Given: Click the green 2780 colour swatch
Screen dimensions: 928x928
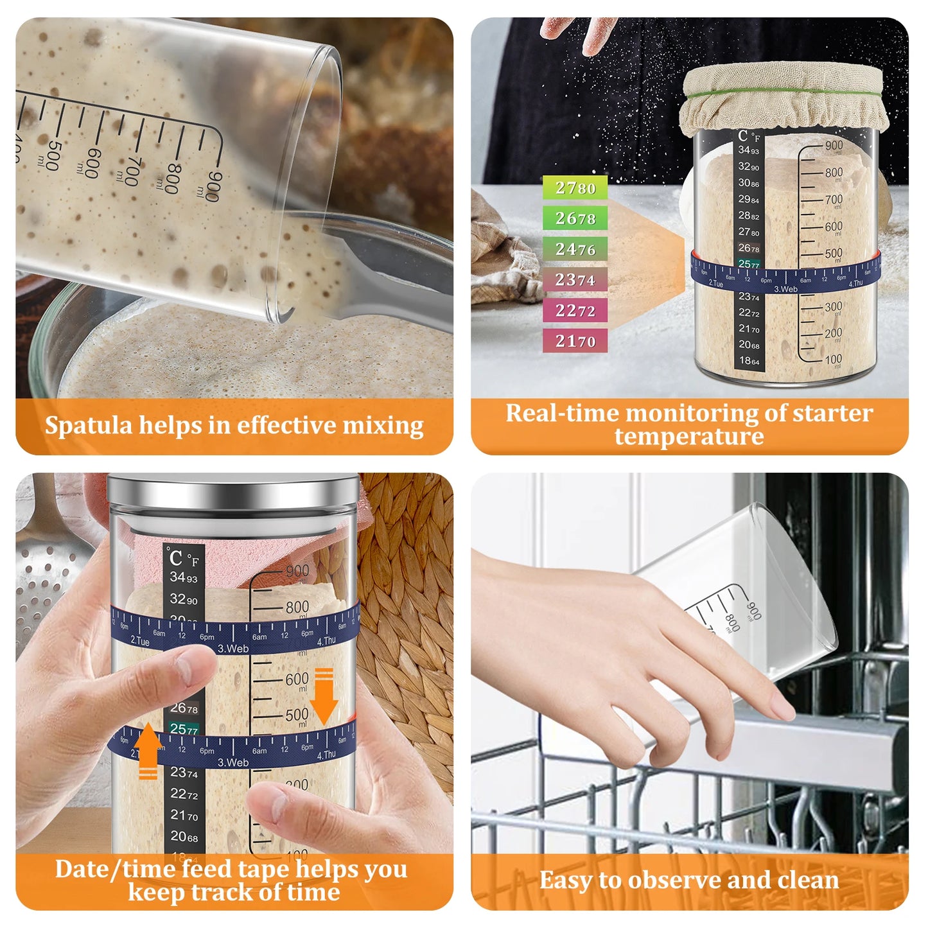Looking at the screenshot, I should coord(575,188).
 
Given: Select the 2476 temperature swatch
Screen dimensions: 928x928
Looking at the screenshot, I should coord(575,249).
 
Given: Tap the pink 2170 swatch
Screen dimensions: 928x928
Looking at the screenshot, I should coord(575,341).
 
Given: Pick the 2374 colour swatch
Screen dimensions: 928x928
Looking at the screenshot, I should coord(575,280).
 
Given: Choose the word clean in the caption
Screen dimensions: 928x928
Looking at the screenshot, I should coord(807,880).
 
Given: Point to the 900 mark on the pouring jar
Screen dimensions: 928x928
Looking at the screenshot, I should coord(214,187).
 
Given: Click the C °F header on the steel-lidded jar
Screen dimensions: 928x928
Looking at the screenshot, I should coord(184,559).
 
